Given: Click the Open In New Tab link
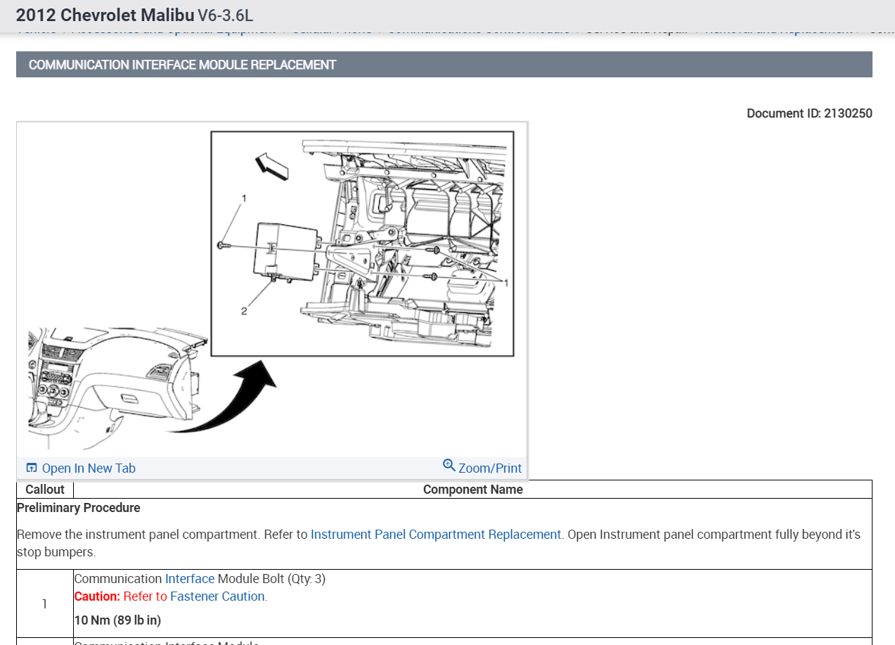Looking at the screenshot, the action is pos(88,468).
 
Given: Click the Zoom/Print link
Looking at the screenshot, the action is pos(489,468).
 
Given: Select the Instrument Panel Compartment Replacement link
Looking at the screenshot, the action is pos(436,535).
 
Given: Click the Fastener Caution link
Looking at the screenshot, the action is pos(217,596).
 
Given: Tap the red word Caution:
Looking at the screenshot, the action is pos(97,596).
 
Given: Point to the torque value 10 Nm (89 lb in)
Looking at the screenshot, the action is pos(117,620).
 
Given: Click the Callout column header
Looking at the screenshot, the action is pos(45,490).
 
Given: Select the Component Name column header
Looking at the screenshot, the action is pos(472,490).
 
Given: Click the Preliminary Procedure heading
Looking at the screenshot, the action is pos(79,508).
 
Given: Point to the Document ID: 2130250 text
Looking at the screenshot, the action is pos(809,113).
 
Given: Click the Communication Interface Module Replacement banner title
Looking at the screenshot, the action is pos(182,65).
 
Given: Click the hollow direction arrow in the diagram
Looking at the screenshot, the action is pos(272,166).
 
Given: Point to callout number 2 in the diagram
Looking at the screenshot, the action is pos(244,311).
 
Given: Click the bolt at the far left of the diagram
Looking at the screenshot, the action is pos(222,245).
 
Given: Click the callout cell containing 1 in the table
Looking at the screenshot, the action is pos(44,604).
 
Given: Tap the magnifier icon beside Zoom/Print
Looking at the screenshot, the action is pos(449,466).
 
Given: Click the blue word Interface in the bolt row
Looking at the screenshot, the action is pos(190,579).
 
